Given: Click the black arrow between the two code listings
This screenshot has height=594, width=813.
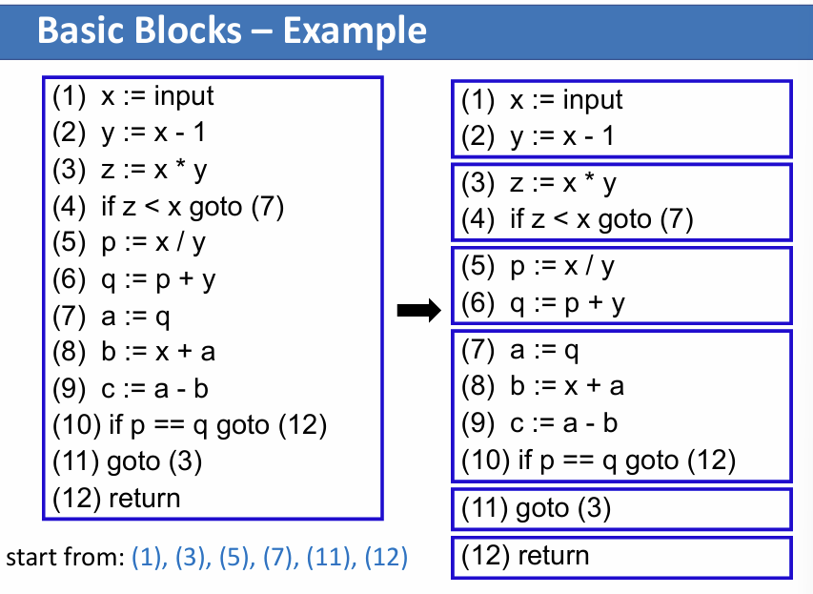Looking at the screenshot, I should pyautogui.click(x=419, y=309).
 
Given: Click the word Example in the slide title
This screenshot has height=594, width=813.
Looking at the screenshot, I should pyautogui.click(x=354, y=31).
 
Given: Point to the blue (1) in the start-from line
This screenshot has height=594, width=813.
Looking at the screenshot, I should pyautogui.click(x=149, y=557).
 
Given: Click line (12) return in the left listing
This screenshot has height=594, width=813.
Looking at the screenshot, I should pyautogui.click(x=116, y=497).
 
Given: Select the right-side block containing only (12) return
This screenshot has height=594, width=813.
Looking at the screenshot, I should pyautogui.click(x=620, y=556).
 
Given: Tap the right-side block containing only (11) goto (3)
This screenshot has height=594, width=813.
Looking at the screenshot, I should pyautogui.click(x=620, y=507).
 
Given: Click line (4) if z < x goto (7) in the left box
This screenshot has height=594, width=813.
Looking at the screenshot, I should pyautogui.click(x=169, y=206).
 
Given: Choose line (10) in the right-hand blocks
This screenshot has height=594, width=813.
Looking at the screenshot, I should pyautogui.click(x=598, y=461).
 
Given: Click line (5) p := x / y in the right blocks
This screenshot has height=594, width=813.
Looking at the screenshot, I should pyautogui.click(x=537, y=266).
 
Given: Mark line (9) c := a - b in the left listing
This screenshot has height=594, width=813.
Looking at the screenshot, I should pyautogui.click(x=131, y=388).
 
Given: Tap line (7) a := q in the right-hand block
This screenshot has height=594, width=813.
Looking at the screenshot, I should pyautogui.click(x=519, y=351).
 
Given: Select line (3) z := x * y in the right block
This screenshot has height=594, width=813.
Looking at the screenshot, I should pyautogui.click(x=539, y=183).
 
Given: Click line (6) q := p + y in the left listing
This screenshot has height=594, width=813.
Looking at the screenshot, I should pyautogui.click(x=133, y=279).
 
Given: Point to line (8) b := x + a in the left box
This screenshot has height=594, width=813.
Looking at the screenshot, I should pyautogui.click(x=133, y=352).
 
